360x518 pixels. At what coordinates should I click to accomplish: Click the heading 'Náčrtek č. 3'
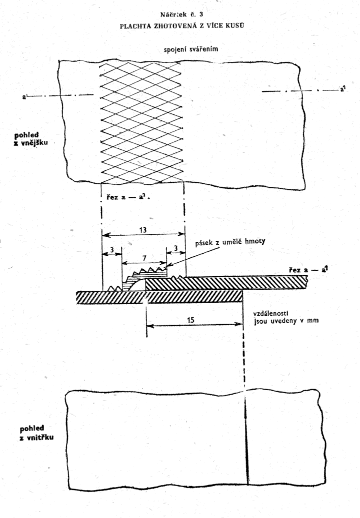point(181,14)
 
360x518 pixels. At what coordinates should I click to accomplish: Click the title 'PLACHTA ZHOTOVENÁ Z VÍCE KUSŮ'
point(182,26)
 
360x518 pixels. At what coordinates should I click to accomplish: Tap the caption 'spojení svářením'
point(190,49)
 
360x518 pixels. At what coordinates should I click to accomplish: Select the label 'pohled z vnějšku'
point(30,139)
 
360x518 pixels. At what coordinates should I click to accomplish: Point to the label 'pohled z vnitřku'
point(36,433)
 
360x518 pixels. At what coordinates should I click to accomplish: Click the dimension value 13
point(143,230)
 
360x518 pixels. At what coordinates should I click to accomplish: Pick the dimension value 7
point(144,258)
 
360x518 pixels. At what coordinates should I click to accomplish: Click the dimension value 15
point(190,320)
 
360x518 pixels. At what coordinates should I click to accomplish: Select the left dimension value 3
point(111,250)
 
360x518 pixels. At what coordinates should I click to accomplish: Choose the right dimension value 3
point(175,248)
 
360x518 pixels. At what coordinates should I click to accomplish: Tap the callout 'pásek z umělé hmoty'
point(230,242)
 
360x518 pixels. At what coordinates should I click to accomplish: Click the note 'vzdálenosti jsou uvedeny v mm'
point(286,317)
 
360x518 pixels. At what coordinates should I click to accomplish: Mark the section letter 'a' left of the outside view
point(24,97)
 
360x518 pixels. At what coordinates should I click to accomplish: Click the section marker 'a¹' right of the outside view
point(342,89)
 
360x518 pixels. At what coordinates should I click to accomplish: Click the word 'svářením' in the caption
point(204,49)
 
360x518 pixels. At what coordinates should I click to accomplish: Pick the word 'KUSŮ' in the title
point(235,26)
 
